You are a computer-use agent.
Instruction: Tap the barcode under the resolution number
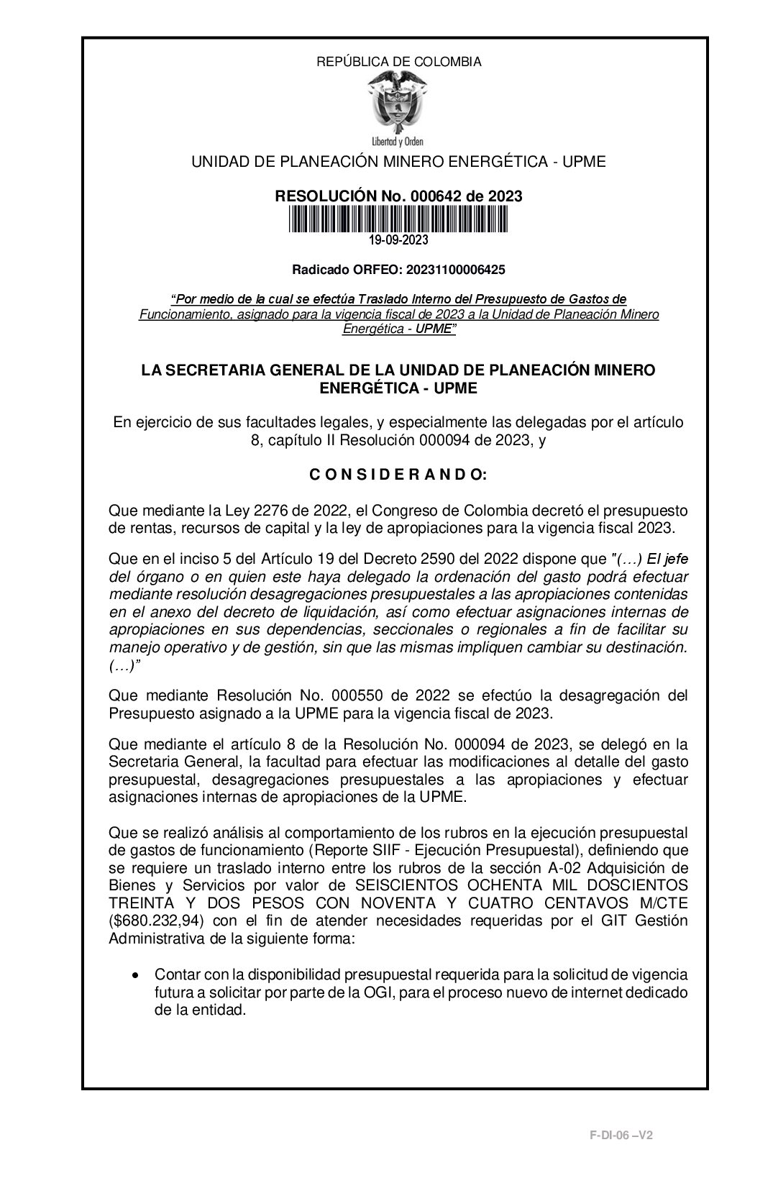pos(398,219)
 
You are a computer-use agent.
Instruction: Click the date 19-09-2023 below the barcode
pos(398,239)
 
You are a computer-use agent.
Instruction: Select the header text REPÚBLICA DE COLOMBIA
pos(398,62)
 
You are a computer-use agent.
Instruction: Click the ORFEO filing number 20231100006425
pos(455,270)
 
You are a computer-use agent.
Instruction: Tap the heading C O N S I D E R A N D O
pos(398,475)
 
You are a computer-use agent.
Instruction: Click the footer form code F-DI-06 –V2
pos(621,1135)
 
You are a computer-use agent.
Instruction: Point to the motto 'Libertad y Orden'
pos(398,142)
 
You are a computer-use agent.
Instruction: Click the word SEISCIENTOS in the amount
pos(403,885)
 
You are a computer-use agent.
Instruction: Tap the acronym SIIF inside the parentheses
pos(379,851)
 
